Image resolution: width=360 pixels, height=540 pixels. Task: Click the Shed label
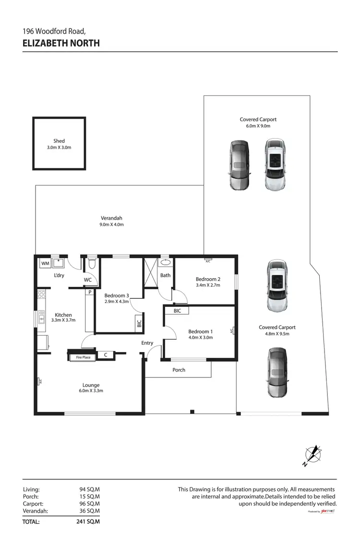point(59,141)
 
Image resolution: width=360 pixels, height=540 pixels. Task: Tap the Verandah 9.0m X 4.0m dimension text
point(112,224)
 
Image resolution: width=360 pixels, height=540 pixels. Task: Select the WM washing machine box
point(45,263)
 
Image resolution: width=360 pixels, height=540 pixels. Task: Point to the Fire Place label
point(83,357)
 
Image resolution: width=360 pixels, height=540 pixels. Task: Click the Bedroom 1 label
point(200,331)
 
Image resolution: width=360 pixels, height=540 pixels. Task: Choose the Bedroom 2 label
point(208,279)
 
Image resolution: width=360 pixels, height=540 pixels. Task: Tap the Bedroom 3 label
point(117,295)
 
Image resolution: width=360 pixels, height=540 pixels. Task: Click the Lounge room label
point(91,385)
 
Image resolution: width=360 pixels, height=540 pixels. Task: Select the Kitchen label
point(63,315)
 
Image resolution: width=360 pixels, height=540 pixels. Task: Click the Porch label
point(179,370)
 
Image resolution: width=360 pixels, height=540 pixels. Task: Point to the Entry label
point(147,343)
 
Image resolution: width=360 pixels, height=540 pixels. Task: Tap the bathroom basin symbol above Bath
point(166,263)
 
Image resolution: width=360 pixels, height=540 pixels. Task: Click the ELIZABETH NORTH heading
point(61,43)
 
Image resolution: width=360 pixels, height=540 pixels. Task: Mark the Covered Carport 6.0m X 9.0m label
point(258,119)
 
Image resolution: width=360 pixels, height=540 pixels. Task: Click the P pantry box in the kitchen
point(89,292)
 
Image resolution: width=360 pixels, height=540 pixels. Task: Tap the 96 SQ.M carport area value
point(89,504)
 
